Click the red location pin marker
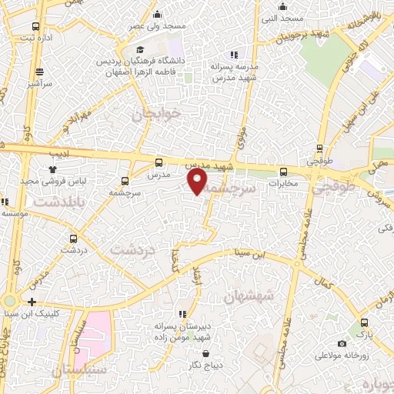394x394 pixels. pos(198,182)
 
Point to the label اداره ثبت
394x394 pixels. pos(36,37)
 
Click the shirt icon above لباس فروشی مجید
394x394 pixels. pos(52,169)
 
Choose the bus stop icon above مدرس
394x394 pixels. pos(159,162)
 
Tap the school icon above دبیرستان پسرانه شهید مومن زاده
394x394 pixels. pos(182,314)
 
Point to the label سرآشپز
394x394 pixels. pos(36,81)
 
